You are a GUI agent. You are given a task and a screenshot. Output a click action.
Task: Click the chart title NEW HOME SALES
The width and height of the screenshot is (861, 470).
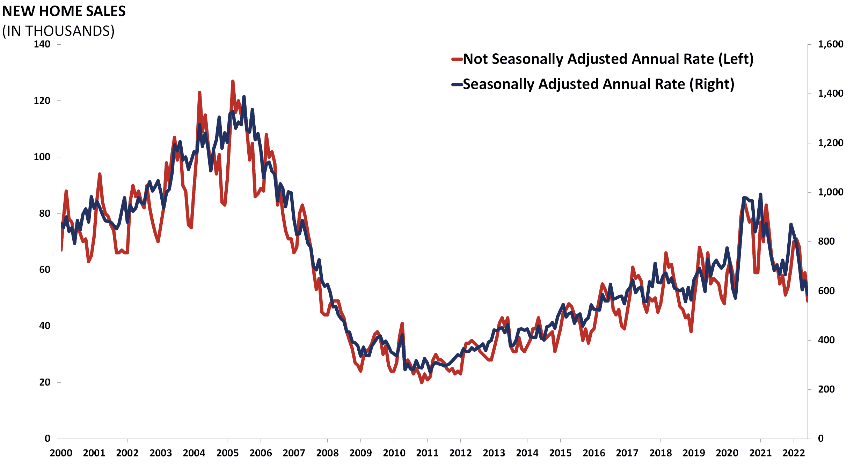point(64,12)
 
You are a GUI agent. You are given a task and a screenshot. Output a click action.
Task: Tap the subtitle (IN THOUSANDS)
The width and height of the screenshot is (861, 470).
point(58,31)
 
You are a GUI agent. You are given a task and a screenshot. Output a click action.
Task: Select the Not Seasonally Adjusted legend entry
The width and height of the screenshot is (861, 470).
point(608,59)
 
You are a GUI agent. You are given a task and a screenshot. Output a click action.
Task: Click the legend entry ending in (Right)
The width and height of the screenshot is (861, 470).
point(598,84)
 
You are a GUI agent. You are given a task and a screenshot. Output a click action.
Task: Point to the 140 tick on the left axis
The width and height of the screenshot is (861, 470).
point(42,44)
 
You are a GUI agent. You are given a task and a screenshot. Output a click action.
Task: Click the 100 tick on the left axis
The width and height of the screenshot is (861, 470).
point(42,157)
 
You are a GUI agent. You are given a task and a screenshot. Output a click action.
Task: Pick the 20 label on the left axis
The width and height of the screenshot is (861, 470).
point(45,382)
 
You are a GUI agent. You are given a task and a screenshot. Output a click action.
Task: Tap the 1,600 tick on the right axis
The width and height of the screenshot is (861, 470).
point(831,44)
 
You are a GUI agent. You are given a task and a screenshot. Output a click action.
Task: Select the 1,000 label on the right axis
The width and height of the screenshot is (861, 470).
point(831,192)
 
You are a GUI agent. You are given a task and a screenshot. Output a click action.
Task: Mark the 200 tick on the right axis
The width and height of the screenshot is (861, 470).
point(826,389)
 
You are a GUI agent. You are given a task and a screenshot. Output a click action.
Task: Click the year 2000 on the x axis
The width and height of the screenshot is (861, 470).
point(61,453)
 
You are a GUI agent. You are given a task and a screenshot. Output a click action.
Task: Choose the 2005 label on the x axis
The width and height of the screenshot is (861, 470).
point(227,453)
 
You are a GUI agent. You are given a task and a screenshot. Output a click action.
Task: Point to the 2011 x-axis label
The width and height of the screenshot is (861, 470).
point(427,453)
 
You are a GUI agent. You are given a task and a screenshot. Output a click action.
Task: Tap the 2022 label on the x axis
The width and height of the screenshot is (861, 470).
point(794,453)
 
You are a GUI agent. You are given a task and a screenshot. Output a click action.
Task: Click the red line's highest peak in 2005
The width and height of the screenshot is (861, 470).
point(233,81)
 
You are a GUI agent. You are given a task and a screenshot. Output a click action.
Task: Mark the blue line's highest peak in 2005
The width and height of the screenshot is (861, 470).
point(244,97)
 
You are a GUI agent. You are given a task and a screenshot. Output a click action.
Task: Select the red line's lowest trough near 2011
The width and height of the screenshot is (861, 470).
point(422,382)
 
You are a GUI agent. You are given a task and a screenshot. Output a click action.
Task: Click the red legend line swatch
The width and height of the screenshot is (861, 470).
point(457,59)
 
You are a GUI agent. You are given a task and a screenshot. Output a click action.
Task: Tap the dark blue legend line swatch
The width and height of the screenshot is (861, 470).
point(457,84)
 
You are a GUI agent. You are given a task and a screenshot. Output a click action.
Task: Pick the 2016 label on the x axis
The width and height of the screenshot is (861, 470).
point(594,453)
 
